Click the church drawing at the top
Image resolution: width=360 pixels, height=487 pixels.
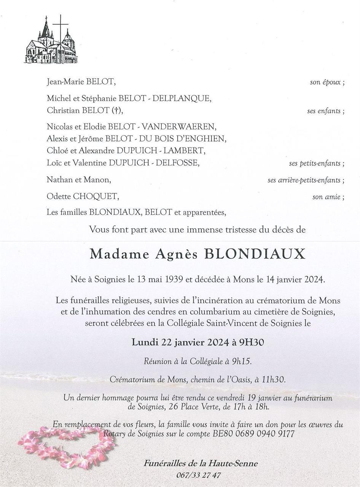point(51,40)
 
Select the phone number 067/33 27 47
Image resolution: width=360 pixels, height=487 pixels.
point(198,475)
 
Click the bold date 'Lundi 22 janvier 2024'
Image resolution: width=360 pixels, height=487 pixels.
point(180,342)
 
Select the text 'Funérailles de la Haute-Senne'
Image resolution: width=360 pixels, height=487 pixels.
point(201,463)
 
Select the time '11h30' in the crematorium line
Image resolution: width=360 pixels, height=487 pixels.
point(276,379)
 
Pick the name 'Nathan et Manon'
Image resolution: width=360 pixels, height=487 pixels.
point(79,180)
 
